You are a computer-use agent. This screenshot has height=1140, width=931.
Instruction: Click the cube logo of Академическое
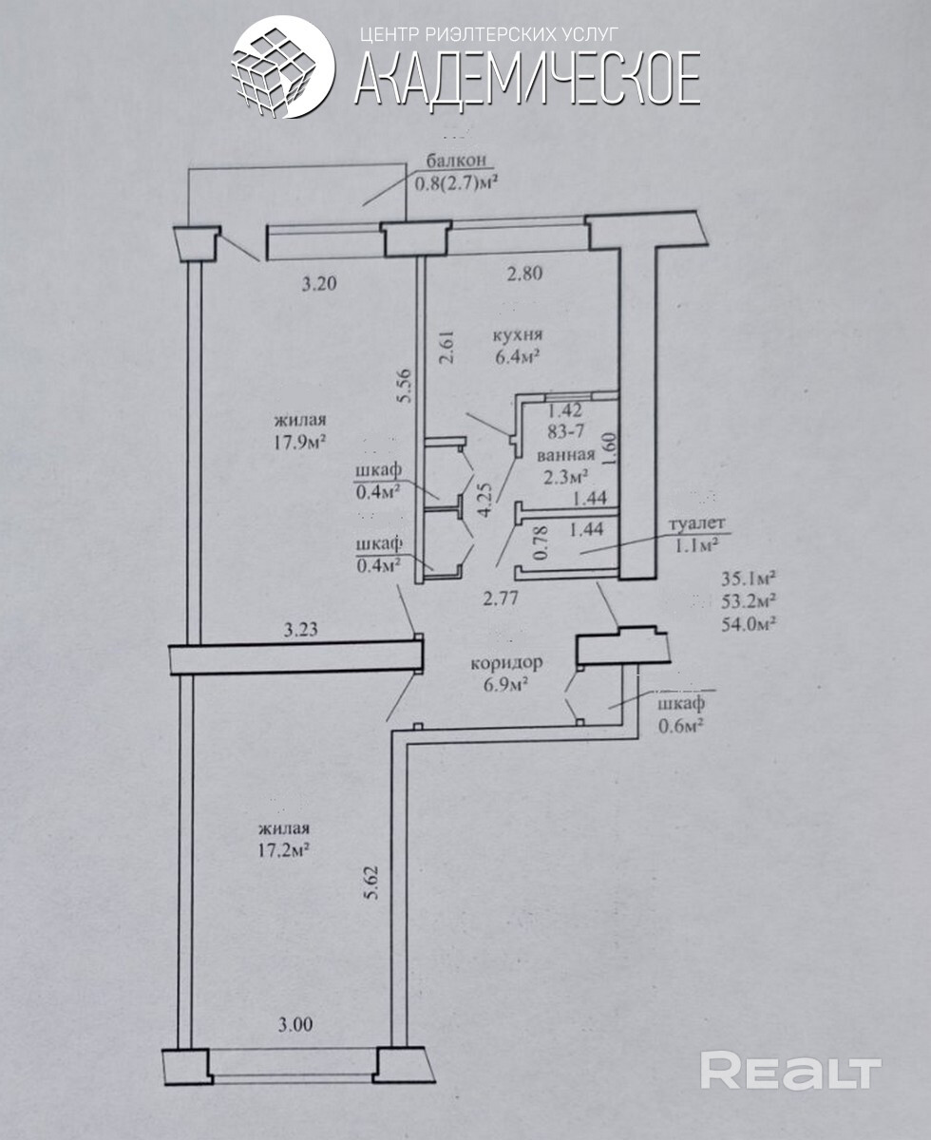pos(283,67)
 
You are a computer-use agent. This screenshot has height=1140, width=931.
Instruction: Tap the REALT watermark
pos(790,1072)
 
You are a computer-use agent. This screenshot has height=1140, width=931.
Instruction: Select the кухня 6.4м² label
pos(517,347)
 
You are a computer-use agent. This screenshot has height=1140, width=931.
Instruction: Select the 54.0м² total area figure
pos(750,624)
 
